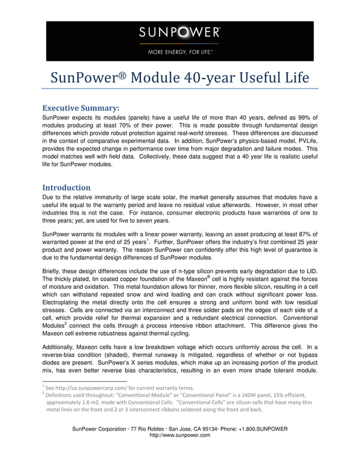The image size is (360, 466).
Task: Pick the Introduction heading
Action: point(67,187)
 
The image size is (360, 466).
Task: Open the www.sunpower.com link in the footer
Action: point(179,436)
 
